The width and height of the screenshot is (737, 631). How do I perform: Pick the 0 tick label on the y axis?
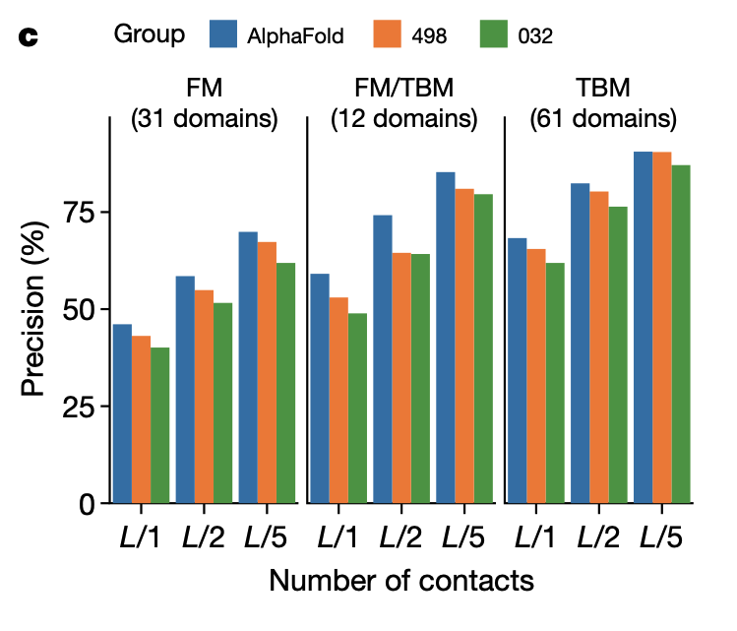coord(87,505)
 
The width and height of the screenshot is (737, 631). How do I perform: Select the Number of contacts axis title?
coord(401,581)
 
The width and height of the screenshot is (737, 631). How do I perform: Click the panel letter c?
coord(29,38)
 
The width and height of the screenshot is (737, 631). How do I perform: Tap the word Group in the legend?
coord(150,34)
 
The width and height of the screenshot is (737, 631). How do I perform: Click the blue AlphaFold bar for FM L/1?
coord(122,413)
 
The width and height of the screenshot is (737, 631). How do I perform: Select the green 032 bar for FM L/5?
coord(285,383)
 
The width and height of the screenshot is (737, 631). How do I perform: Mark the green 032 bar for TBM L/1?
coord(555,383)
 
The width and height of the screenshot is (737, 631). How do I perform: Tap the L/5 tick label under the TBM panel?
coord(661,538)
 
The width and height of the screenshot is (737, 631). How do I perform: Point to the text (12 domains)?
coord(403,120)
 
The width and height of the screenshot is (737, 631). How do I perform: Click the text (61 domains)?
coord(603,120)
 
